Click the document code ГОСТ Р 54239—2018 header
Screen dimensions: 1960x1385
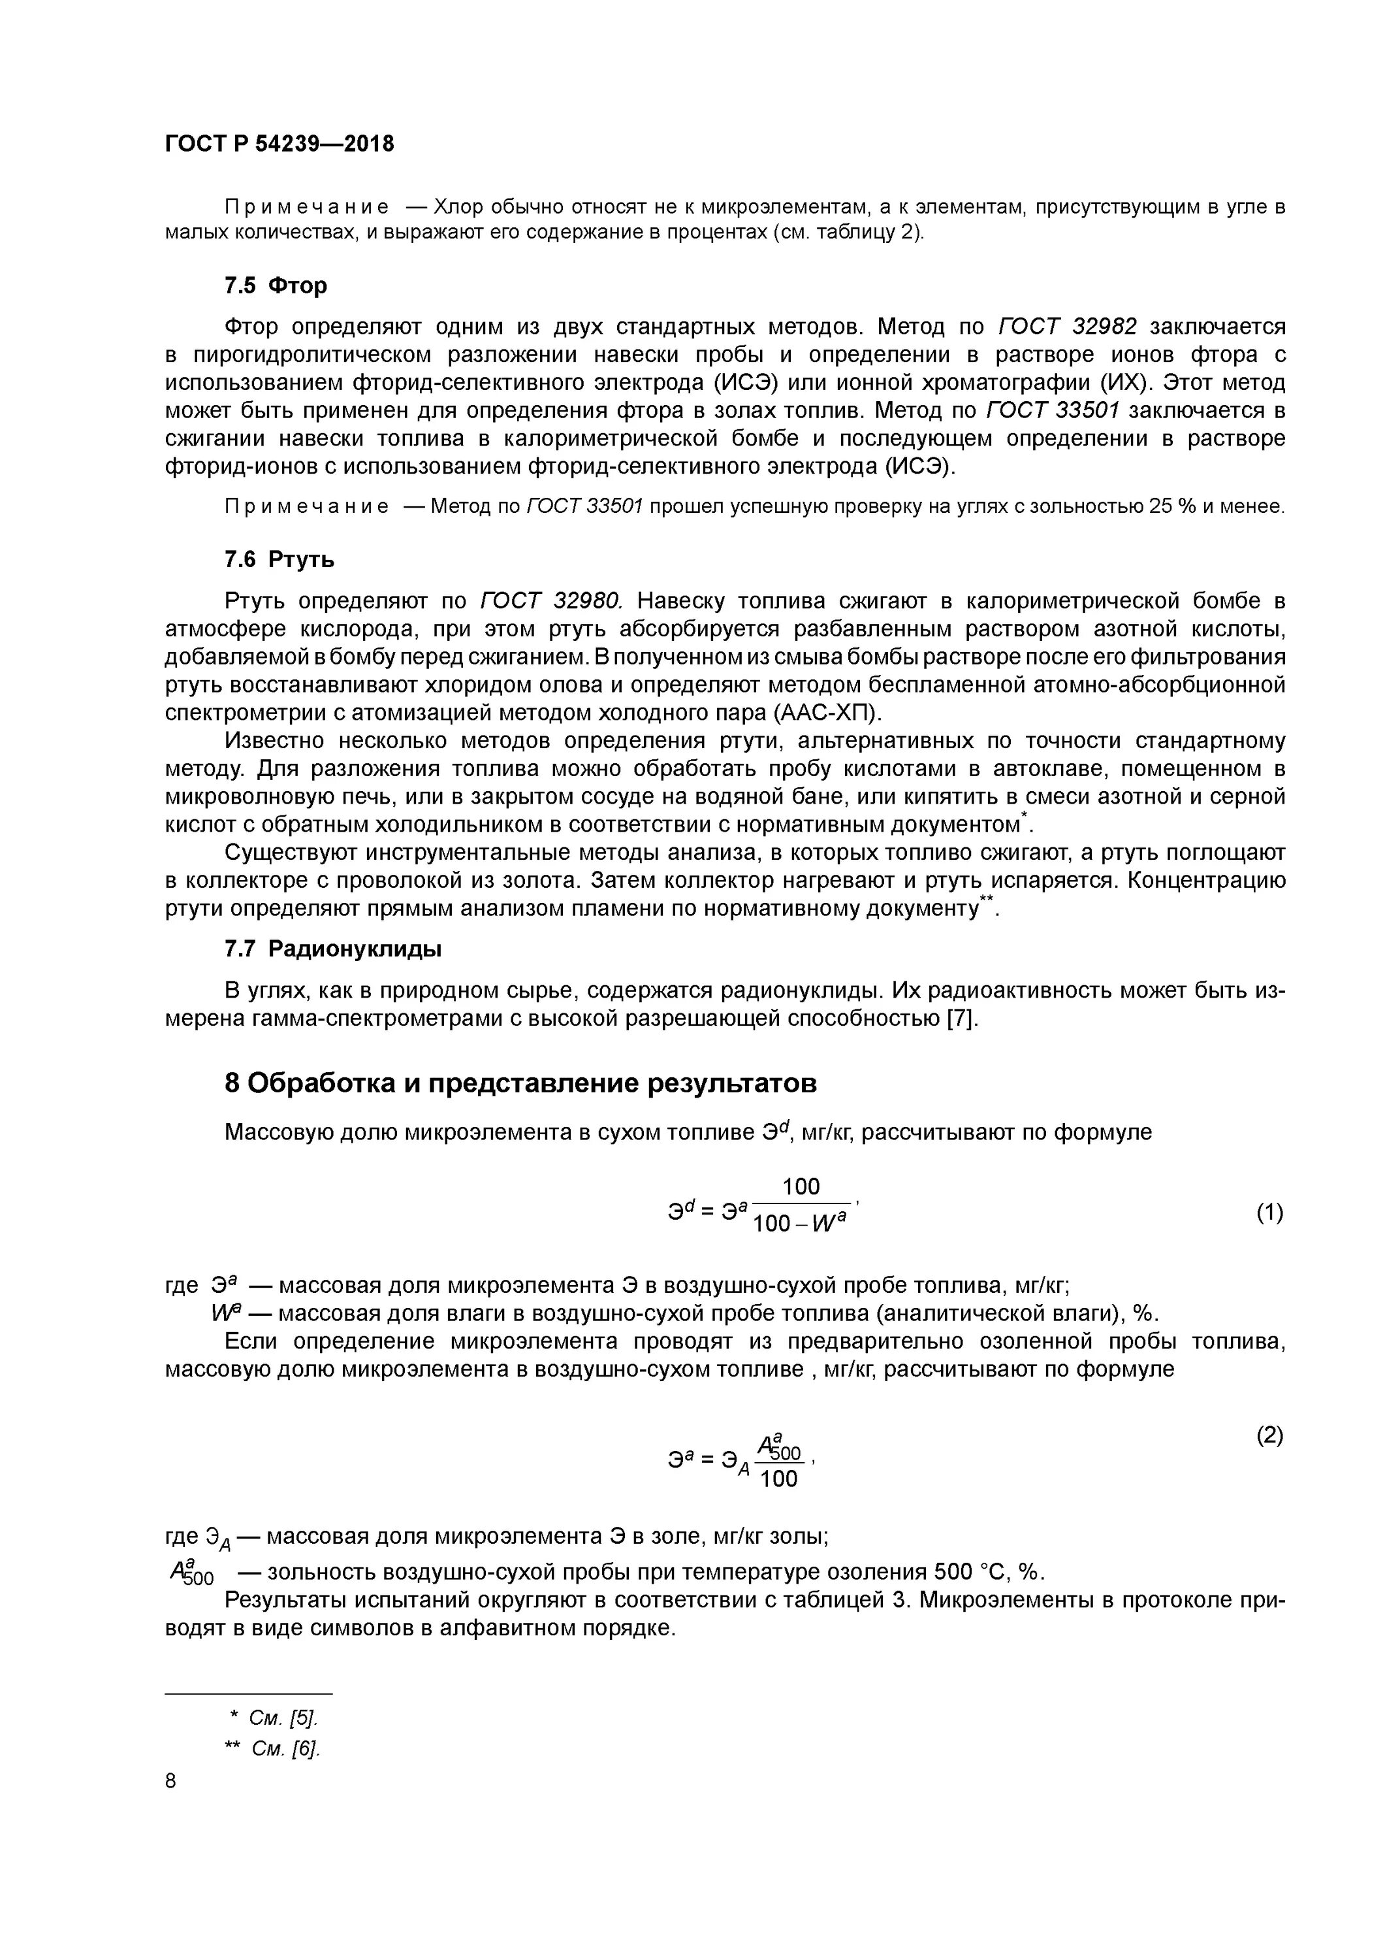click(x=279, y=144)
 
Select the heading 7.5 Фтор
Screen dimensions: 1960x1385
click(x=275, y=285)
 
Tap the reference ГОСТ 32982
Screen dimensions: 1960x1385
click(x=1067, y=327)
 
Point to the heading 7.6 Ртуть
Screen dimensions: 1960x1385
click(x=279, y=559)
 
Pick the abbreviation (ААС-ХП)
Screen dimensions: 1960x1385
click(x=827, y=713)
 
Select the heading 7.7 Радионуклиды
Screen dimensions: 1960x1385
click(x=333, y=949)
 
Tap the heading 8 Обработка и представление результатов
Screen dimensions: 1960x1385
click(x=520, y=1083)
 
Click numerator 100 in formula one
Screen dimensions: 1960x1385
click(x=801, y=1186)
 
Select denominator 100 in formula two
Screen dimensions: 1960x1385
click(x=778, y=1478)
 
